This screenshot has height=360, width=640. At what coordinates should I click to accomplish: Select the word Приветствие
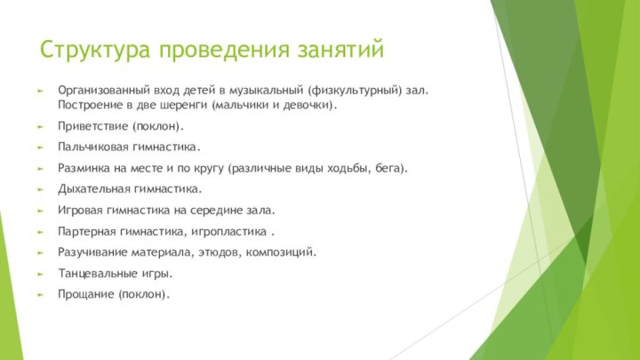(92, 126)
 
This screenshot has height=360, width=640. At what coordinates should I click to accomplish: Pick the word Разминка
(84, 168)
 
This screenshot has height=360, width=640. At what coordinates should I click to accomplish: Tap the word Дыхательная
(93, 189)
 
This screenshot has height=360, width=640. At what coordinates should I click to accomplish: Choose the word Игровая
(80, 211)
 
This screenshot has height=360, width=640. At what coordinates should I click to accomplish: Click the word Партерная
(87, 232)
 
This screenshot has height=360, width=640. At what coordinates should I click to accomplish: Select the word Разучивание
(92, 252)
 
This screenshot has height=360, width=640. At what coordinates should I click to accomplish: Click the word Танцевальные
(96, 274)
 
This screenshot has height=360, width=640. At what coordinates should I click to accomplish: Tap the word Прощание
(85, 294)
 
